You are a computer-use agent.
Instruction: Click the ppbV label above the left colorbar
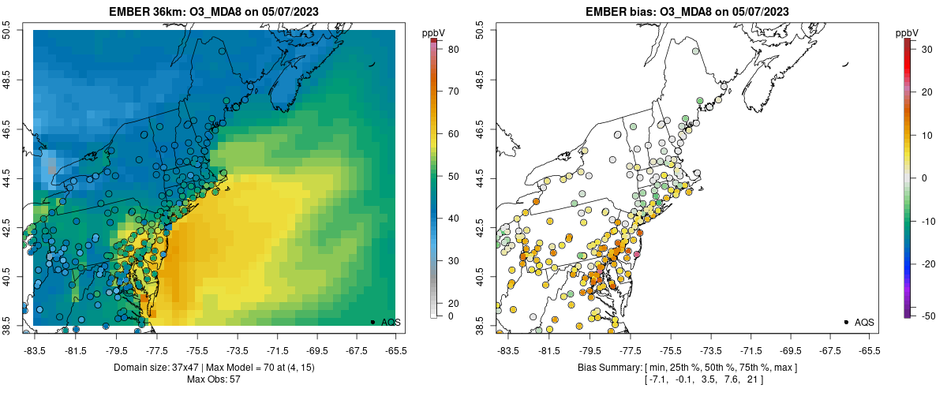(x=433, y=32)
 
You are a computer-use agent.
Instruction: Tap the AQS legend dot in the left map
(x=372, y=322)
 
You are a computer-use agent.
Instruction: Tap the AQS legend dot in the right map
(x=846, y=322)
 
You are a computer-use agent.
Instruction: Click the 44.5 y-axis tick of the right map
(x=480, y=178)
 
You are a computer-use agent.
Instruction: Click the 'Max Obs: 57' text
(x=214, y=379)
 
